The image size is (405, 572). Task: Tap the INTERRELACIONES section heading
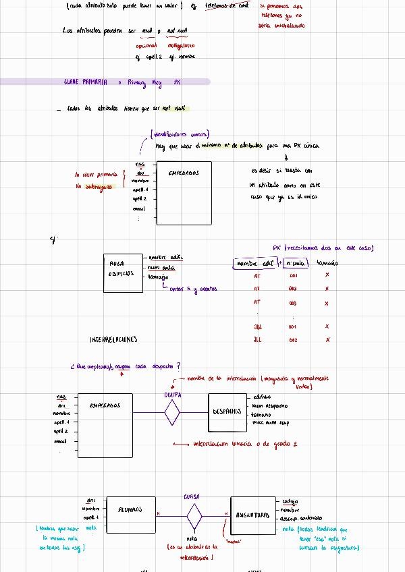pos(113,339)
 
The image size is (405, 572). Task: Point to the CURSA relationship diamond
pos(194,516)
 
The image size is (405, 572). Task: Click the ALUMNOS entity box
pos(127,515)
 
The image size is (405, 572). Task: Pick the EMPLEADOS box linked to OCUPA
pos(105,424)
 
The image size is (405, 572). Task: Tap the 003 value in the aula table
pos(293,304)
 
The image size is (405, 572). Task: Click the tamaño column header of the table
pos(327,263)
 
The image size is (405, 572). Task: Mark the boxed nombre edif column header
pos(254,263)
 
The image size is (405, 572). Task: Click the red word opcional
pos(146,45)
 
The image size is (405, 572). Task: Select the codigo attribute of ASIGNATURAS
pos(290,501)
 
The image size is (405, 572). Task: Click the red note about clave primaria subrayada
pos(98,181)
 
